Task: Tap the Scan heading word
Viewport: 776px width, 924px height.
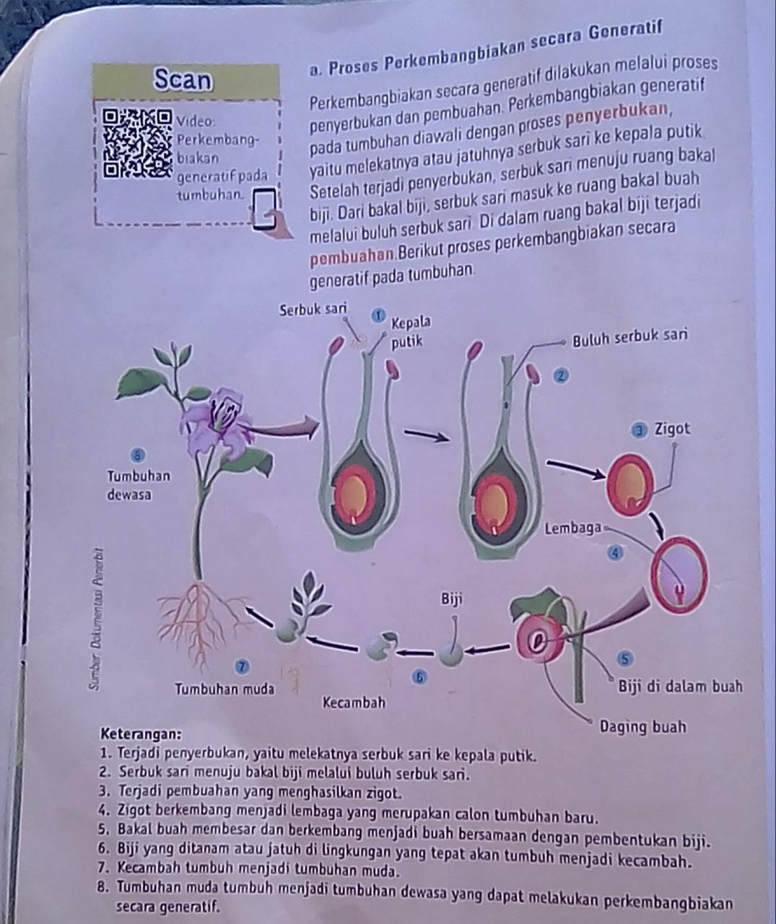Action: tap(183, 80)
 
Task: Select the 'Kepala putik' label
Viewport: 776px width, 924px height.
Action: tap(409, 330)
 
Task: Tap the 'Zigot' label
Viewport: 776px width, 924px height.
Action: tap(671, 429)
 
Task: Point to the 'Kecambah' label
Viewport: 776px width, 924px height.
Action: tap(354, 702)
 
